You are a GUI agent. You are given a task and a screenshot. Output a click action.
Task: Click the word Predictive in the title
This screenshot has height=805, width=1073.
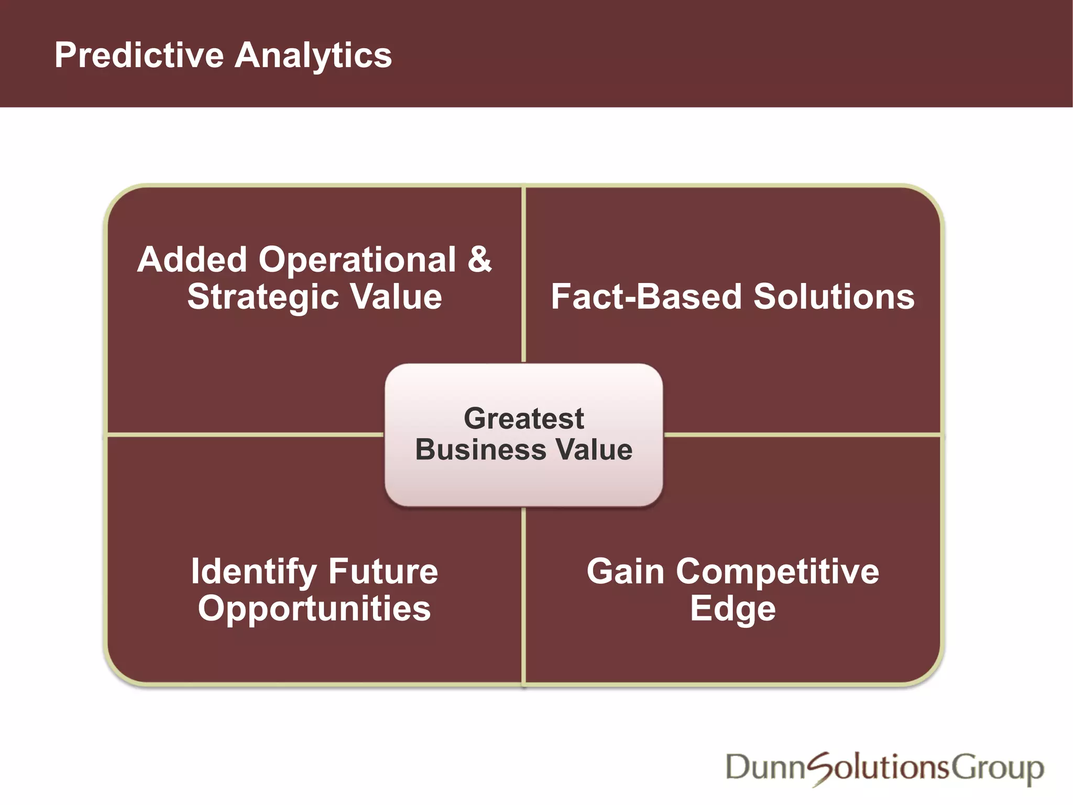(139, 55)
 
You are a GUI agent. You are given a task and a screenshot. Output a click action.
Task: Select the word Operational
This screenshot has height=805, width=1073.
(357, 259)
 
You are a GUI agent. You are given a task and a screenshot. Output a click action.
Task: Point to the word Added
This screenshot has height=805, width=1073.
(192, 259)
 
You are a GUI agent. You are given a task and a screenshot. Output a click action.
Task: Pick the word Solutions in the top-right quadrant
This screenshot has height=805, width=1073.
(834, 297)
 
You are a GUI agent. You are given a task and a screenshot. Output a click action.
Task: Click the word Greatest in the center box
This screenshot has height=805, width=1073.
(523, 418)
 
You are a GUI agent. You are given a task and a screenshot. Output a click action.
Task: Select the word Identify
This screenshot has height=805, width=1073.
(254, 572)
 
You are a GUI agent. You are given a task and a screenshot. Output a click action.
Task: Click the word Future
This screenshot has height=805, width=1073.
(383, 571)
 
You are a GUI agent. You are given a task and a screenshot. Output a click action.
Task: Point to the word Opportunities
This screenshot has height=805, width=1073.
(314, 609)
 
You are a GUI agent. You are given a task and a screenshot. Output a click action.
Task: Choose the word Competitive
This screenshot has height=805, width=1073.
(778, 572)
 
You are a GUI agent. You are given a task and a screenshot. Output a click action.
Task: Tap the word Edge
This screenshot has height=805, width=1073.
(732, 610)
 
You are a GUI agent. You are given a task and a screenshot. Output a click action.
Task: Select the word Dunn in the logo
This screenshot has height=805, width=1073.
(765, 768)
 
